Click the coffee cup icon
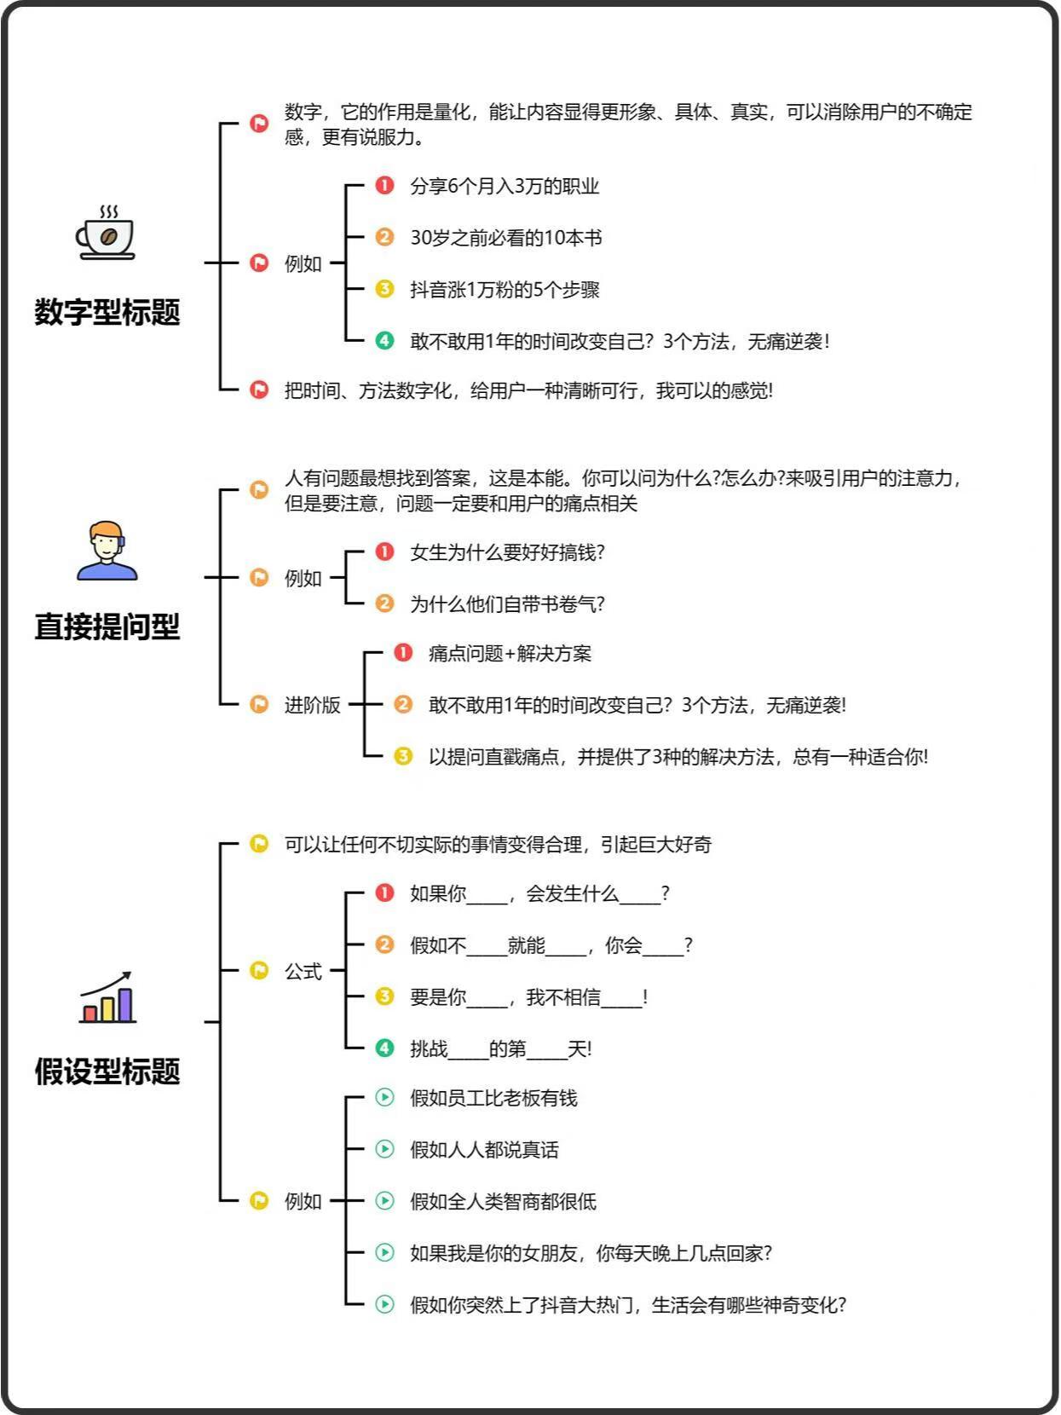pyautogui.click(x=106, y=233)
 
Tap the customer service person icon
pyautogui.click(x=107, y=551)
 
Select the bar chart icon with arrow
pyautogui.click(x=107, y=996)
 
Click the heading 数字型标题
pyautogui.click(x=107, y=312)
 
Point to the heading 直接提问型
pyautogui.click(x=107, y=627)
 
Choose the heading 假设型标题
pyautogui.click(x=107, y=1071)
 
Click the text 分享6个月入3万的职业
pyautogui.click(x=505, y=187)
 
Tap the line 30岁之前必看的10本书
pyautogui.click(x=505, y=238)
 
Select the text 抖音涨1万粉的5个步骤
pyautogui.click(x=505, y=290)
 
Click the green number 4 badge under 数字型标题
pyautogui.click(x=384, y=340)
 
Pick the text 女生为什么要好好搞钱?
pyautogui.click(x=507, y=552)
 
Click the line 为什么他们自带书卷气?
pyautogui.click(x=507, y=604)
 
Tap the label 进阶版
pyautogui.click(x=313, y=705)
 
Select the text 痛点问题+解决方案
pyautogui.click(x=510, y=654)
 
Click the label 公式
pyautogui.click(x=303, y=971)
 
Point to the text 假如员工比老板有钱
pyautogui.click(x=493, y=1098)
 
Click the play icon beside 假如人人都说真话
pyautogui.click(x=384, y=1149)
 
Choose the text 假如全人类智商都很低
pyautogui.click(x=503, y=1201)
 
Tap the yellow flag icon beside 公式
pyautogui.click(x=259, y=970)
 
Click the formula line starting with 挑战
pyautogui.click(x=500, y=1048)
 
